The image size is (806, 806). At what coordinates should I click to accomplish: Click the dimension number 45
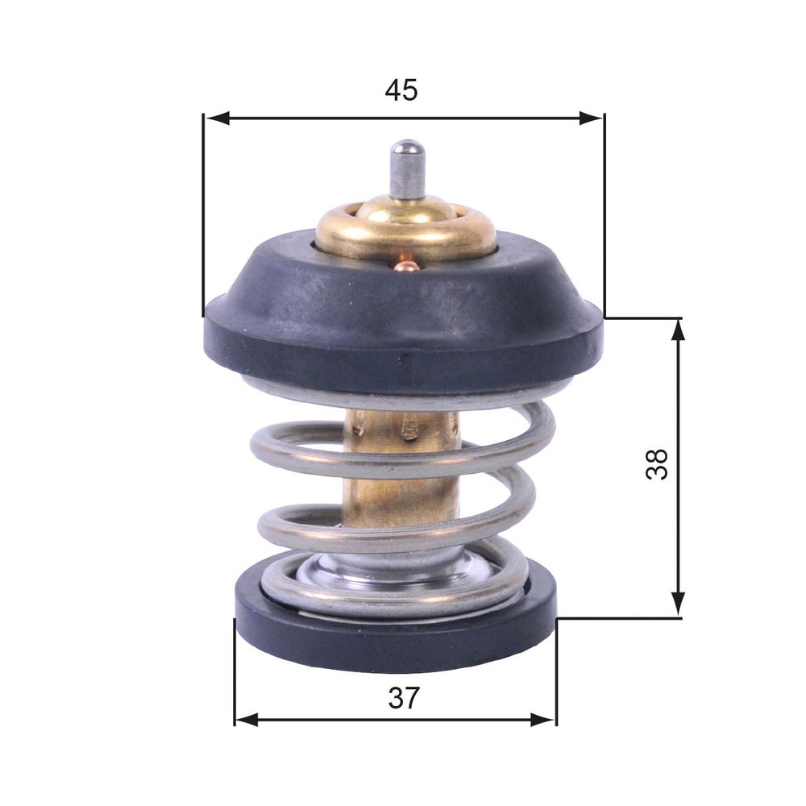401,90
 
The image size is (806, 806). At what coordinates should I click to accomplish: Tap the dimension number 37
404,697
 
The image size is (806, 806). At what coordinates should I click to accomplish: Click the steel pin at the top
406,168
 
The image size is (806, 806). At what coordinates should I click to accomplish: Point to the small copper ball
406,266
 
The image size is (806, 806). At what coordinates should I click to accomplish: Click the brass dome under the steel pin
405,229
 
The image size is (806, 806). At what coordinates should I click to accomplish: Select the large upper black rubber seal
404,314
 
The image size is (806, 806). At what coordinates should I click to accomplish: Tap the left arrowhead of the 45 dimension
216,118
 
